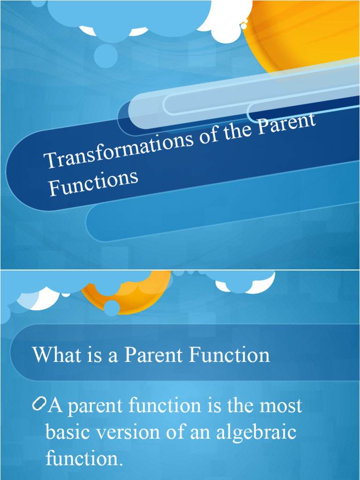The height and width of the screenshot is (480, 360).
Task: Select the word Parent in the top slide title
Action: click(287, 124)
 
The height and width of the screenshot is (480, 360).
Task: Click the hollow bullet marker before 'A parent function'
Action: click(39, 404)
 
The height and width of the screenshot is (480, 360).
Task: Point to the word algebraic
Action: click(256, 432)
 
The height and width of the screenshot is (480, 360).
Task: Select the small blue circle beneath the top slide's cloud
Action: click(105, 56)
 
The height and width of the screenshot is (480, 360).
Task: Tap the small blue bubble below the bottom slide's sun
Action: click(112, 308)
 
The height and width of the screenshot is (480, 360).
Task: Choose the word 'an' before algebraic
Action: click(200, 432)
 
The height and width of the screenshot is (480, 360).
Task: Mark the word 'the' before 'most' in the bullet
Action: click(240, 405)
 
